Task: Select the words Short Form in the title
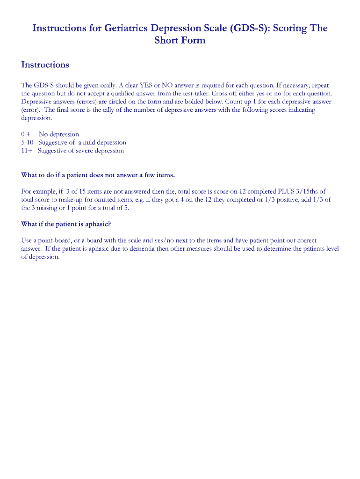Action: click(180, 41)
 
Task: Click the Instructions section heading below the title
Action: click(45, 65)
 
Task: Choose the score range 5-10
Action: click(28, 142)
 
